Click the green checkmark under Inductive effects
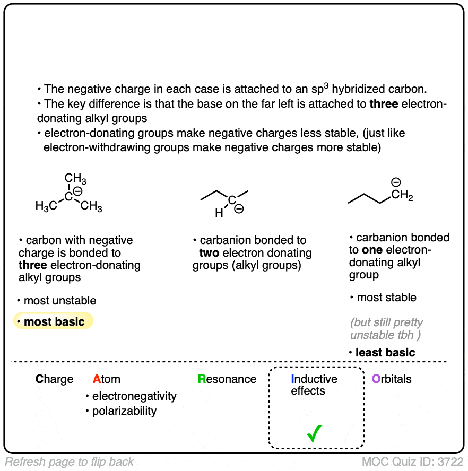pyautogui.click(x=315, y=435)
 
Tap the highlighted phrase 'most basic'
pyautogui.click(x=54, y=321)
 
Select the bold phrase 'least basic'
pyautogui.click(x=385, y=352)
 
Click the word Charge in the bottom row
pyautogui.click(x=55, y=379)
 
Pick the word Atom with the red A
pyautogui.click(x=106, y=379)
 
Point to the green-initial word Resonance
pyautogui.click(x=227, y=379)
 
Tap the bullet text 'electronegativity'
pyautogui.click(x=134, y=396)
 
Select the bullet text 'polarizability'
pyautogui.click(x=125, y=411)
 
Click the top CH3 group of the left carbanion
pyautogui.click(x=75, y=179)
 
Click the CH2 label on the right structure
pyautogui.click(x=402, y=196)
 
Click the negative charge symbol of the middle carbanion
pyautogui.click(x=239, y=210)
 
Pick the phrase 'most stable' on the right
pyautogui.click(x=387, y=298)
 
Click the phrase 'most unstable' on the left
pyautogui.click(x=60, y=301)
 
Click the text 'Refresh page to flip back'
pyautogui.click(x=70, y=462)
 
